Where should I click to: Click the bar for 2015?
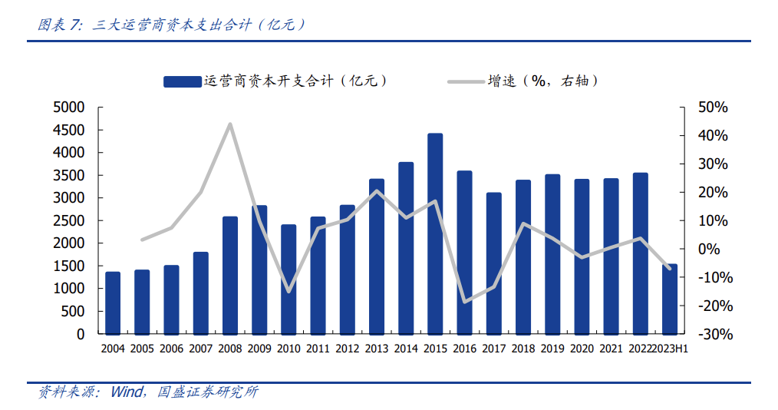tap(435, 234)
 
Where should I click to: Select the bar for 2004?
tap(113, 303)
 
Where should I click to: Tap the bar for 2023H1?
tap(670, 299)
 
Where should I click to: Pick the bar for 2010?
tap(288, 279)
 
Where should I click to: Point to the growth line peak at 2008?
tap(230, 124)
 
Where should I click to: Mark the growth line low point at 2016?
tap(464, 302)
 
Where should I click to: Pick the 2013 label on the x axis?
tap(377, 349)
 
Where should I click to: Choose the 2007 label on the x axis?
tap(200, 349)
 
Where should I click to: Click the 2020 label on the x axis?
tap(582, 349)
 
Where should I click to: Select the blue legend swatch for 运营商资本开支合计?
tap(183, 81)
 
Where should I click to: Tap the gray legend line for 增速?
tap(464, 81)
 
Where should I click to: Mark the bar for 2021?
tap(612, 256)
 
